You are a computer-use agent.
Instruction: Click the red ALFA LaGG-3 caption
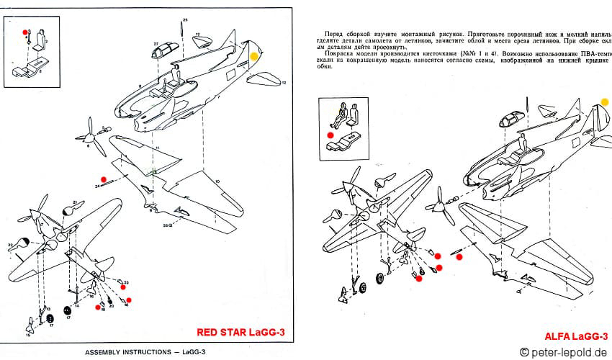[x=576, y=336]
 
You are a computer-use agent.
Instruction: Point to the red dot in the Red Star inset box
[x=25, y=32]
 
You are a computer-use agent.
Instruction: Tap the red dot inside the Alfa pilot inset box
[x=330, y=134]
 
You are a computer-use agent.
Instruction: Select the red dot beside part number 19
[x=97, y=307]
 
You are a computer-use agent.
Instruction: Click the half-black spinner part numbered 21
[x=70, y=208]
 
